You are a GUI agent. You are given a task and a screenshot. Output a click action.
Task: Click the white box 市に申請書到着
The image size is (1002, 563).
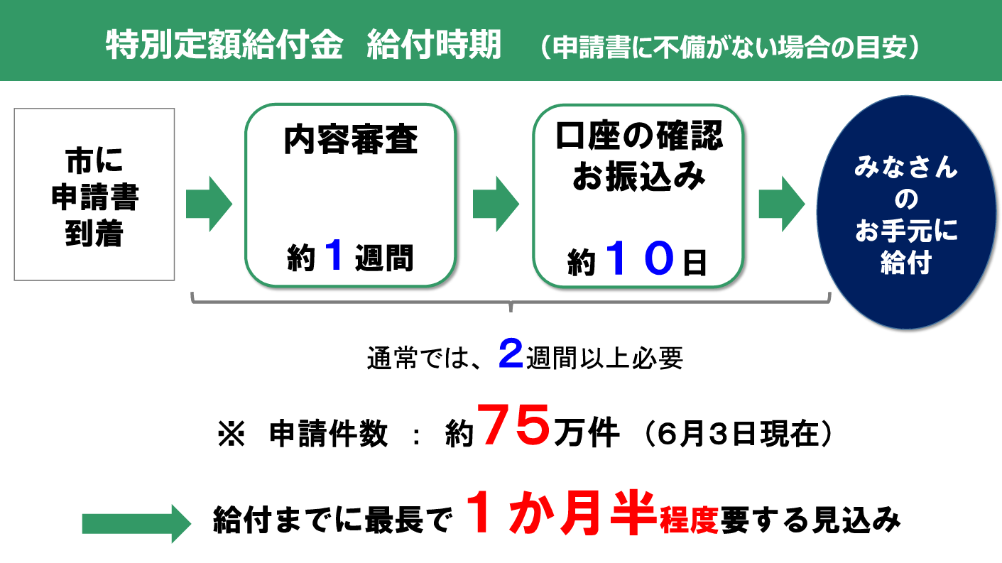coord(94,194)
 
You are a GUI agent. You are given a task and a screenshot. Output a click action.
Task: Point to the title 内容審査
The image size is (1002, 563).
coord(350,141)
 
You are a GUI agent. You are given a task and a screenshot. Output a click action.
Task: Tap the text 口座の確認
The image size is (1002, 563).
coord(638,135)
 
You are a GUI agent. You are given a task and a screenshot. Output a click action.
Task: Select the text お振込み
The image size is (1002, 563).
coord(638,176)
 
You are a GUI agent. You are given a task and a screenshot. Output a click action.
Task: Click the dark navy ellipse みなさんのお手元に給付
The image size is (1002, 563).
coord(905,217)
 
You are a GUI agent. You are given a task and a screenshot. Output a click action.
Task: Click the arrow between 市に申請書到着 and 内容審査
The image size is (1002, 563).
coord(209,204)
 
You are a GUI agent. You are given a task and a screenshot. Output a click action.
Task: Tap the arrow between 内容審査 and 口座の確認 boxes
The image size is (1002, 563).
coord(496,204)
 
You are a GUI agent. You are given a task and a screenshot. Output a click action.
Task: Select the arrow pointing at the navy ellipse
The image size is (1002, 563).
coord(781,204)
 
